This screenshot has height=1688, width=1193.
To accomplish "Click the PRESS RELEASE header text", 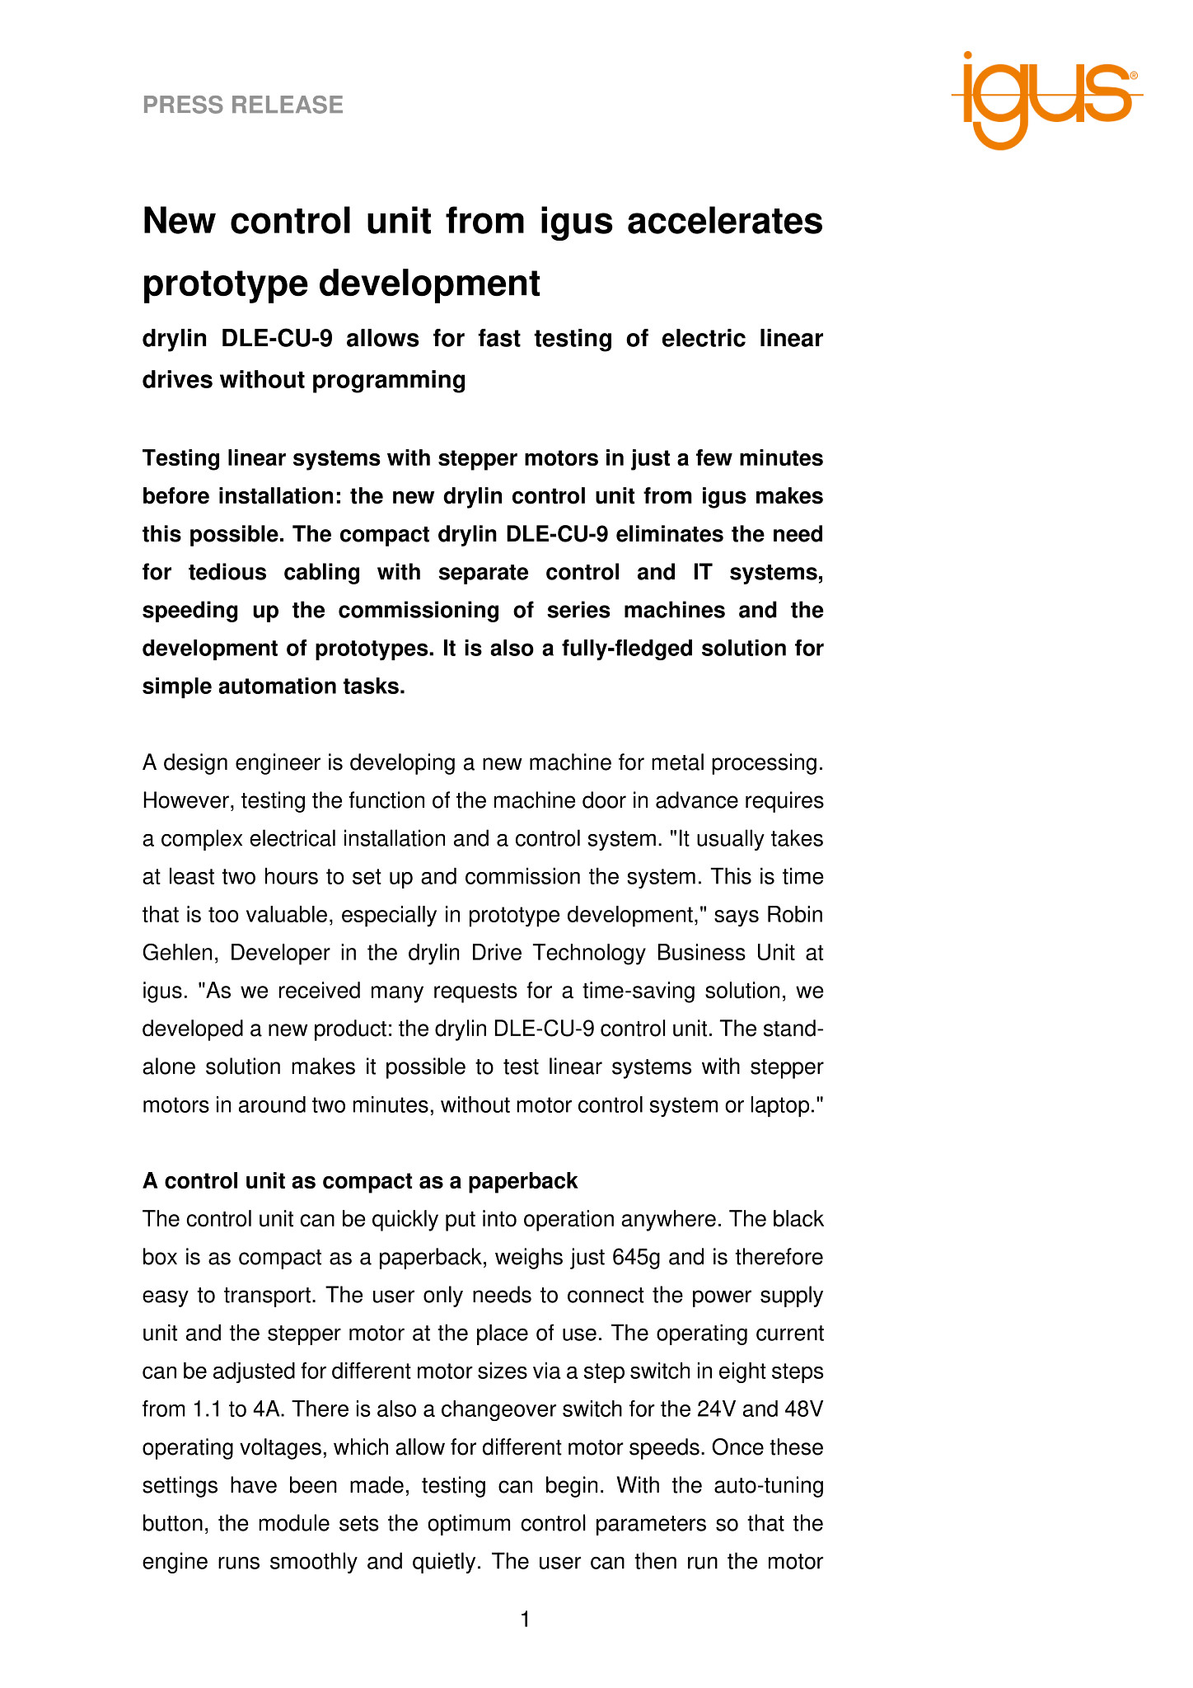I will coord(243,105).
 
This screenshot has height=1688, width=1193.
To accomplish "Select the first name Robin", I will coord(795,914).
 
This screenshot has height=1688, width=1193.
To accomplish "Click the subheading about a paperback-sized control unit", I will coord(360,1181).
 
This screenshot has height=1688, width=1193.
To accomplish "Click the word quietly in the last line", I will coord(442,1561).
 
